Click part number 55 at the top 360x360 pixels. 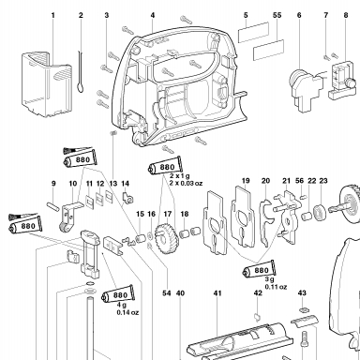pyautogui.click(x=277, y=15)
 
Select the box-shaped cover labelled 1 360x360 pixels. pyautogui.click(x=46, y=84)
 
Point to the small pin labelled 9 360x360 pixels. pyautogui.click(x=53, y=206)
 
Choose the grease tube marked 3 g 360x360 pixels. pyautogui.click(x=259, y=269)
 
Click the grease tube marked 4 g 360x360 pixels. pyautogui.click(x=118, y=293)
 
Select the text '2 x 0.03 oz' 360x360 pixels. pyautogui.click(x=186, y=183)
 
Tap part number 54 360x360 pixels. pyautogui.click(x=167, y=293)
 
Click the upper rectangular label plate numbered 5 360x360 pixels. pyautogui.click(x=253, y=32)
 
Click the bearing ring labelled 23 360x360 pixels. pyautogui.click(x=321, y=212)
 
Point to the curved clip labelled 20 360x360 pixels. pyautogui.click(x=265, y=223)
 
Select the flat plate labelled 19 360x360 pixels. pyautogui.click(x=243, y=217)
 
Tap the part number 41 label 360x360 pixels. pyautogui.click(x=217, y=293)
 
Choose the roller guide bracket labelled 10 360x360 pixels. pyautogui.click(x=69, y=217)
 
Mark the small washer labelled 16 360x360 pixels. pyautogui.click(x=150, y=233)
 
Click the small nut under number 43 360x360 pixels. pyautogui.click(x=302, y=310)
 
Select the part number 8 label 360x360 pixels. pyautogui.click(x=346, y=15)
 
